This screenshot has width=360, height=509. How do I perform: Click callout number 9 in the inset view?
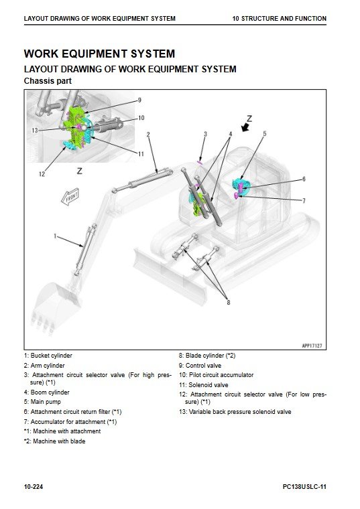(139, 100)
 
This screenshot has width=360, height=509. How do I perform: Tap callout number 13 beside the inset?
(35, 130)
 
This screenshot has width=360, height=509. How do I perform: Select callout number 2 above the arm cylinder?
(148, 135)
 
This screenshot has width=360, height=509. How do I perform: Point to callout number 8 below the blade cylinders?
(229, 302)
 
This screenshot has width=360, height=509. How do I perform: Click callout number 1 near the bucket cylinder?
(55, 236)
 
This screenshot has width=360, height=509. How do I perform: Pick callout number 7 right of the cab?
(304, 201)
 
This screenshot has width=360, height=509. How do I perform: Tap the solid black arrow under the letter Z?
(245, 127)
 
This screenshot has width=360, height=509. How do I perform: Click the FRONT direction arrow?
(70, 197)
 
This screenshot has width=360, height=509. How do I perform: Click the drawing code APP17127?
(312, 346)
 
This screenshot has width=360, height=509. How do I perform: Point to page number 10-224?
(34, 487)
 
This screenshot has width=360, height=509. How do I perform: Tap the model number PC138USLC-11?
(304, 487)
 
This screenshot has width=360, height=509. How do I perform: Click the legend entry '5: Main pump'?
(42, 402)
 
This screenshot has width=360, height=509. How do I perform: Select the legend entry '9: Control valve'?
(200, 366)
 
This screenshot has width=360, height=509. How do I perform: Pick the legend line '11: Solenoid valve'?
(203, 385)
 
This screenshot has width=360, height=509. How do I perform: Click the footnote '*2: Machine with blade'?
(54, 441)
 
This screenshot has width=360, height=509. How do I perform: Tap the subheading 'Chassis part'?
(48, 81)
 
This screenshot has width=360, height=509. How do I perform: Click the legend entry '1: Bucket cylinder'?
(48, 356)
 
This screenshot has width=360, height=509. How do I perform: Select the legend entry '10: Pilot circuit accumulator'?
(216, 375)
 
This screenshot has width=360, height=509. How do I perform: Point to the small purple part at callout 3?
(200, 161)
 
